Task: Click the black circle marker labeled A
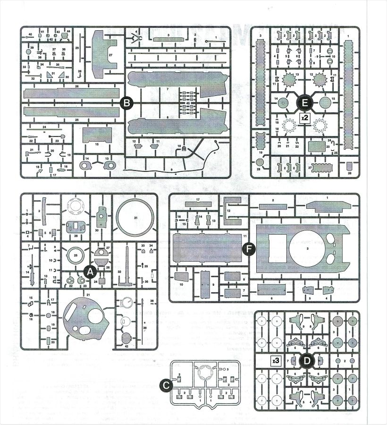[x=90, y=271]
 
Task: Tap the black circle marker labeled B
[x=126, y=102]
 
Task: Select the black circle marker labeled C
[x=165, y=386]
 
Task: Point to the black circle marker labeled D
[x=307, y=361]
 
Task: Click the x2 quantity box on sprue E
[x=305, y=118]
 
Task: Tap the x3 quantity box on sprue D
[x=276, y=360]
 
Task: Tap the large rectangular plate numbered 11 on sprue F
[x=208, y=251]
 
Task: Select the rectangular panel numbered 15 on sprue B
[x=96, y=136]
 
